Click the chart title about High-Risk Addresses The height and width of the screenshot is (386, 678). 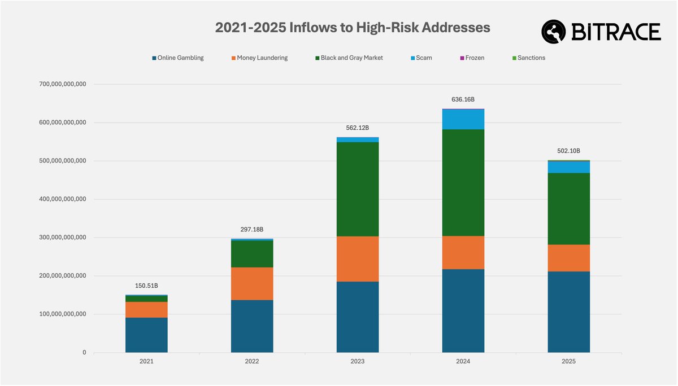(352, 28)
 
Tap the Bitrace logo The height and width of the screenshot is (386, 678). (601, 32)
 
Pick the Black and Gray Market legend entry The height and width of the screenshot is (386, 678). (348, 58)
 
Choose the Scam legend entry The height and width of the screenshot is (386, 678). (421, 58)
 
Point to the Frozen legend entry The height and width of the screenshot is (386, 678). (471, 58)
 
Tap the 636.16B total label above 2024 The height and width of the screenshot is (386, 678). (463, 99)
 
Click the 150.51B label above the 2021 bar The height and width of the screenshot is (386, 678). (146, 286)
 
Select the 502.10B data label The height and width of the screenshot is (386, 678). (568, 151)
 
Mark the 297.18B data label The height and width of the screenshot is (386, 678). (252, 229)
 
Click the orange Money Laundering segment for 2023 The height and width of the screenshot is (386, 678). (358, 258)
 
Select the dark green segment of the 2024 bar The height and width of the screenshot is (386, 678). (463, 182)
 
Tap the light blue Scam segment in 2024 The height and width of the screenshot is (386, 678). (463, 119)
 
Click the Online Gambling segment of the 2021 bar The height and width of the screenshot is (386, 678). (146, 335)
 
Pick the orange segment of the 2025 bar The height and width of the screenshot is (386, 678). (568, 258)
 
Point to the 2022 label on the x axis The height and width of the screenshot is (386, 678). (252, 361)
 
